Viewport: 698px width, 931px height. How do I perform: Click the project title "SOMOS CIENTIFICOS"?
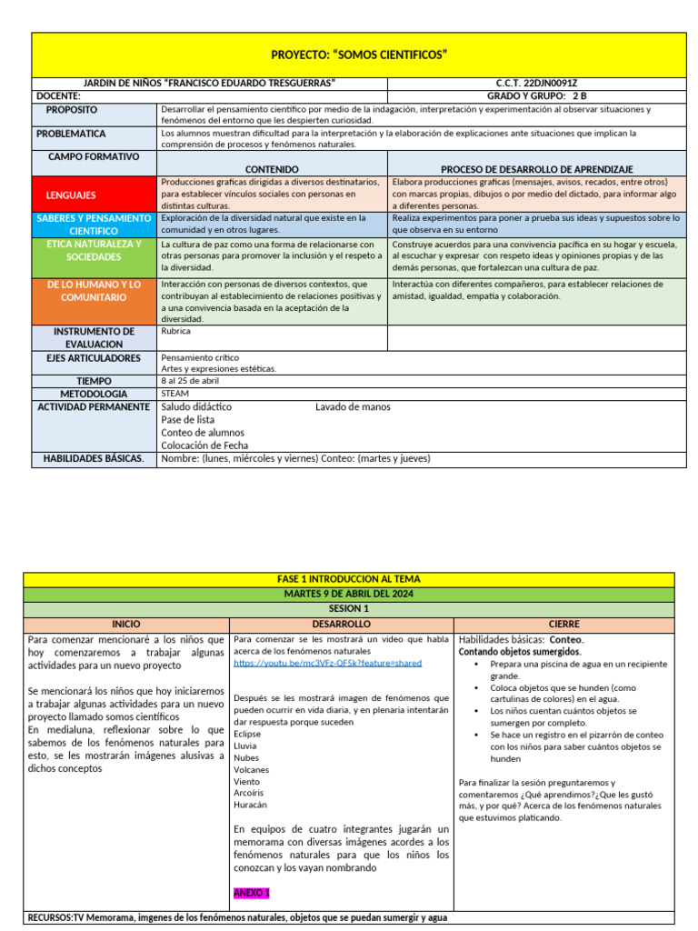(x=359, y=55)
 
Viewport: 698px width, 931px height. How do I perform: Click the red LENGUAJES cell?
(x=72, y=195)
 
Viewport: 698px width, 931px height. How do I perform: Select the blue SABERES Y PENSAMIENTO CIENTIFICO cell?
(x=95, y=225)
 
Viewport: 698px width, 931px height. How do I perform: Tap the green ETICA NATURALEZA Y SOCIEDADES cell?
(x=95, y=250)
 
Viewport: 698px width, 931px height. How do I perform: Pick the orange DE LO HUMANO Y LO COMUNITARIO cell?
(x=95, y=291)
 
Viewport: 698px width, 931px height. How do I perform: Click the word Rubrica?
(x=175, y=332)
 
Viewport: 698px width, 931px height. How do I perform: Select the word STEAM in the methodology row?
(x=174, y=394)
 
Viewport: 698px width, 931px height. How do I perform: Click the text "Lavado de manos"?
(x=353, y=407)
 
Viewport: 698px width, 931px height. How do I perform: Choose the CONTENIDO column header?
(x=272, y=169)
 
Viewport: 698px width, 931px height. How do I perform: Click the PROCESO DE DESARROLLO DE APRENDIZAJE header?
(x=536, y=169)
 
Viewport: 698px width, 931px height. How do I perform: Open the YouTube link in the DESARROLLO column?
(x=327, y=664)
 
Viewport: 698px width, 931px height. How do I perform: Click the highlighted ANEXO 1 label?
(x=252, y=893)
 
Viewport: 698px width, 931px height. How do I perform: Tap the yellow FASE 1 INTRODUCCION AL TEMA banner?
(x=348, y=579)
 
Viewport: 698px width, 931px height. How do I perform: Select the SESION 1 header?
(x=348, y=609)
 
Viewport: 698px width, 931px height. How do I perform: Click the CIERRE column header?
(x=563, y=625)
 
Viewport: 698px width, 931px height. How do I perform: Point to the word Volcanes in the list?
(x=251, y=769)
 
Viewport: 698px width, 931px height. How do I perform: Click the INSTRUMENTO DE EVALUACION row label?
(x=95, y=337)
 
